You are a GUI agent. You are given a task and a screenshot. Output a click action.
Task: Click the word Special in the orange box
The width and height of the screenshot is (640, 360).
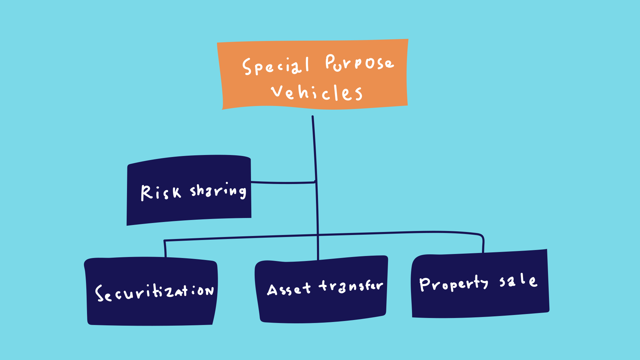pyautogui.click(x=276, y=66)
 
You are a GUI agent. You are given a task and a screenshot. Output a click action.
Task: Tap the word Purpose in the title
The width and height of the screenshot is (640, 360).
pyautogui.click(x=360, y=63)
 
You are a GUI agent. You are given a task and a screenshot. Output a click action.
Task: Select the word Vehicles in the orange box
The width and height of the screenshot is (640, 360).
pyautogui.click(x=317, y=92)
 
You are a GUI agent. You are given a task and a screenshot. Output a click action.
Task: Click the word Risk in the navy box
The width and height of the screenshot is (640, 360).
pyautogui.click(x=161, y=193)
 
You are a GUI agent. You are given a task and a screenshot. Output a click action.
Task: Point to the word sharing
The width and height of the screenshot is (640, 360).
pyautogui.click(x=218, y=191)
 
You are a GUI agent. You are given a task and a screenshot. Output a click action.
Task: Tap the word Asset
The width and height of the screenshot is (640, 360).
pyautogui.click(x=289, y=289)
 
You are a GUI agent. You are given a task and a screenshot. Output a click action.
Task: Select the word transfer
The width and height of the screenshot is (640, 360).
pyautogui.click(x=351, y=286)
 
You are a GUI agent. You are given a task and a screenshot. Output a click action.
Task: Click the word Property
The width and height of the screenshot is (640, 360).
pyautogui.click(x=454, y=283)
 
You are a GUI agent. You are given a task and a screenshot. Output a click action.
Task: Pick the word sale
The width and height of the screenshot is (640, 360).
pyautogui.click(x=518, y=280)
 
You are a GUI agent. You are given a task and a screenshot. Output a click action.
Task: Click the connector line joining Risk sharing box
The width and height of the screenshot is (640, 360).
pyautogui.click(x=283, y=183)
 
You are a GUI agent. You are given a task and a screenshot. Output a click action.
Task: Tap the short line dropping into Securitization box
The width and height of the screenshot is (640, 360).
pyautogui.click(x=165, y=249)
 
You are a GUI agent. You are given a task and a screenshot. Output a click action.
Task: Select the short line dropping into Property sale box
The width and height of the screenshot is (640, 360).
pyautogui.click(x=483, y=244)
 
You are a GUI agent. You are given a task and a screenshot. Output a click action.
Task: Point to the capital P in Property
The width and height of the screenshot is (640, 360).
pyautogui.click(x=425, y=284)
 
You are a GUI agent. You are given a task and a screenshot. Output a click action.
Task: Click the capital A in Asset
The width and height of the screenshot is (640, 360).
pyautogui.click(x=272, y=290)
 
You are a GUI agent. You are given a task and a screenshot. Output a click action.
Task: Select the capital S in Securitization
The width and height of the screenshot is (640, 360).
pyautogui.click(x=99, y=293)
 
